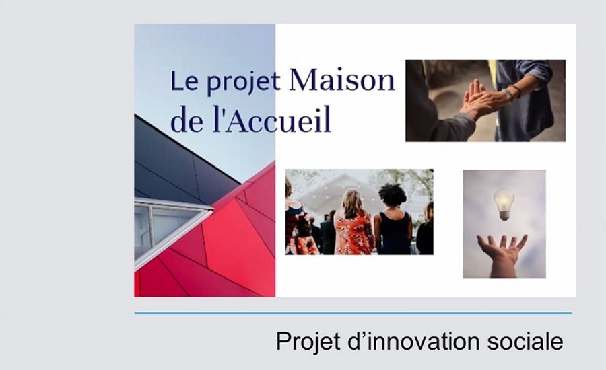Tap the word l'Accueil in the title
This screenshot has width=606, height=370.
click(x=272, y=120)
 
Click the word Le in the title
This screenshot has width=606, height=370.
click(x=184, y=81)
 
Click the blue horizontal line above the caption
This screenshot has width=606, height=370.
click(x=353, y=313)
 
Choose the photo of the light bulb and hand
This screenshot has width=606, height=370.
click(x=504, y=223)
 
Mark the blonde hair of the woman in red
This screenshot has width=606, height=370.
click(x=351, y=204)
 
